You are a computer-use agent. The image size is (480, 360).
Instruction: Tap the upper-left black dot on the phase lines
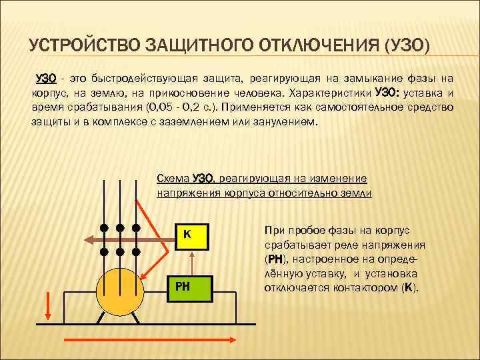(105, 227)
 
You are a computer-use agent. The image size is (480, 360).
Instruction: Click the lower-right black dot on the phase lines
(135, 252)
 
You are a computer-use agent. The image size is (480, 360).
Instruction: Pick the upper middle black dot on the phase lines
(120, 227)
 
